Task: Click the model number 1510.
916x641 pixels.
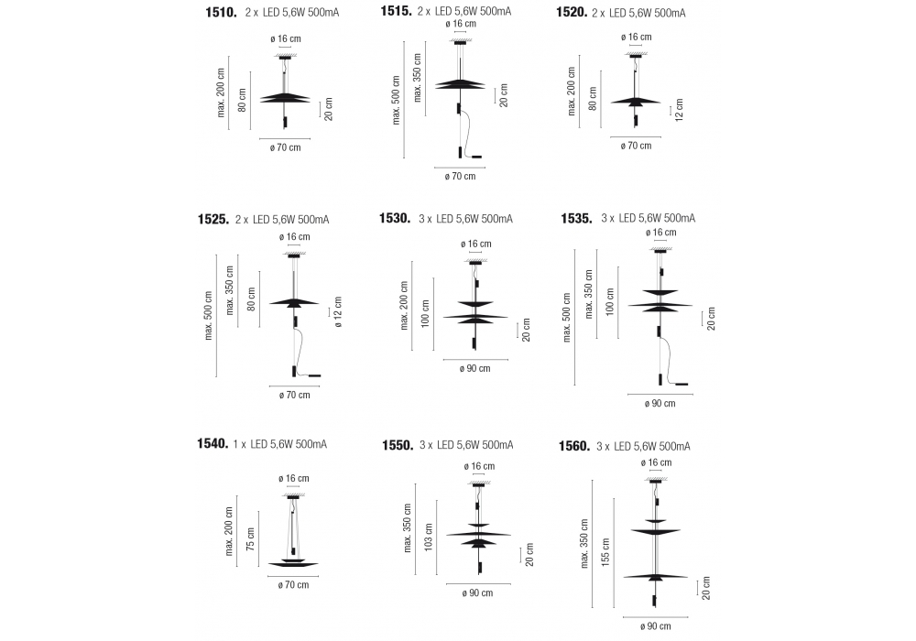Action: pos(223,14)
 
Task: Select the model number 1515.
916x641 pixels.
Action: pos(398,11)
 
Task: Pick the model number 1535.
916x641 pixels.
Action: pos(578,218)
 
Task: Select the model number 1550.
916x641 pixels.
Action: pos(397,445)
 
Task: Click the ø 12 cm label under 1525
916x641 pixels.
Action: pos(338,311)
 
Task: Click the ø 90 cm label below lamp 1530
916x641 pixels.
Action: pos(474,369)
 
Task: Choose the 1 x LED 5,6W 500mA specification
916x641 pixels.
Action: pos(281,444)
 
